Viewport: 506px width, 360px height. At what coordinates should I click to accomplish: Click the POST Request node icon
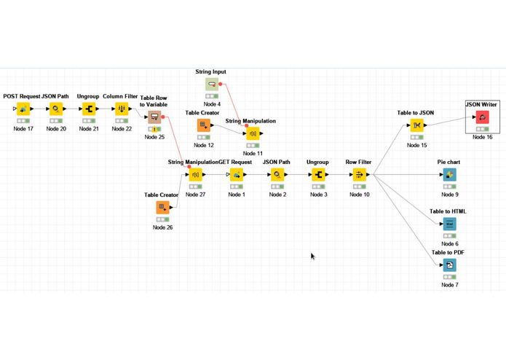coord(24,109)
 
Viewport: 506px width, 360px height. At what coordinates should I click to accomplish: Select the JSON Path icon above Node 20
coord(55,109)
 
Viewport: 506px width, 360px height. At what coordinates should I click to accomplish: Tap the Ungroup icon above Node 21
coord(89,109)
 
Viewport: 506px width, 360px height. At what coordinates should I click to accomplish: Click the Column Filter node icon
coord(122,109)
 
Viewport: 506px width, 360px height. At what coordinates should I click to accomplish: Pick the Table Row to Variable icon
coord(154,117)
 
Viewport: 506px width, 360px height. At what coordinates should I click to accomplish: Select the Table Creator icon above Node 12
coord(204,126)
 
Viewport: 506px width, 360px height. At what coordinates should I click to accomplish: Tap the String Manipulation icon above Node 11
coord(253,134)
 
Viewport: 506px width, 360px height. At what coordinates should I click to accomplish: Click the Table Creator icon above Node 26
coord(162,208)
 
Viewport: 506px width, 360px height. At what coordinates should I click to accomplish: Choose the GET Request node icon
coord(237,175)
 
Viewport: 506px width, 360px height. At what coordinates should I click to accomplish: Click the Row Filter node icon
coord(359,175)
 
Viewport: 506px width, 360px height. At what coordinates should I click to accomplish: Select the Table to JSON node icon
coord(417,126)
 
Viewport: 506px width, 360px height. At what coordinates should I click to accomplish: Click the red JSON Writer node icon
coord(482,117)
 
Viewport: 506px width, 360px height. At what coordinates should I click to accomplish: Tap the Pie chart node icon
coord(449,175)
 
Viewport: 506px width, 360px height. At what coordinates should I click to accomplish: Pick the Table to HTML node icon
coord(449,224)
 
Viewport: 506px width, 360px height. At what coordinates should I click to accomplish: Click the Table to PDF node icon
coord(449,265)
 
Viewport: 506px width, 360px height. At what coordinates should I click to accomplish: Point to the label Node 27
coord(196,195)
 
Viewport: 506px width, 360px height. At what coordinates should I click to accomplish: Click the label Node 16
coord(482,137)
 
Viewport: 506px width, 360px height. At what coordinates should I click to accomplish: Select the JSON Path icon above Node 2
coord(277,175)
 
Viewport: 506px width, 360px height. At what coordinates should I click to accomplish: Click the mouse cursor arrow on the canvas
coord(313,257)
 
